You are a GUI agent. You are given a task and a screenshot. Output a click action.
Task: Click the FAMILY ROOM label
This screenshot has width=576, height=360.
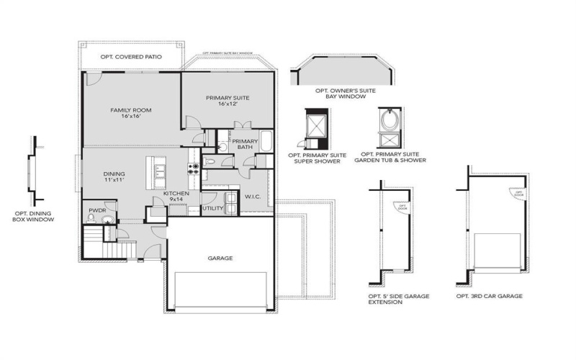(130, 112)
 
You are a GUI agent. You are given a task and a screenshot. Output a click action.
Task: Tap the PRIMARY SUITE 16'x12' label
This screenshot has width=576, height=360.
(227, 100)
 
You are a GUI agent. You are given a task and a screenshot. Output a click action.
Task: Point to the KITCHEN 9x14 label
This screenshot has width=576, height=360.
(176, 197)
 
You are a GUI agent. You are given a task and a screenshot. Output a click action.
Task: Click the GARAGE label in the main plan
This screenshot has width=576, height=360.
(220, 258)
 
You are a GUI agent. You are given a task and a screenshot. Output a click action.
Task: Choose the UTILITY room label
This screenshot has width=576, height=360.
(212, 208)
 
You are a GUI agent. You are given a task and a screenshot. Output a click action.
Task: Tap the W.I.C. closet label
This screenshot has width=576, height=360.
(252, 196)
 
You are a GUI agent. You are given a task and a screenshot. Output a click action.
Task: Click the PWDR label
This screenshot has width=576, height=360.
(96, 211)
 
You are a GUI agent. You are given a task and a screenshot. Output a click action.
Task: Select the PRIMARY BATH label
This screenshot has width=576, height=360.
(245, 143)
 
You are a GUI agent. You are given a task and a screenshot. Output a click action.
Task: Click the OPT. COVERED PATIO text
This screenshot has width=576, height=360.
(130, 56)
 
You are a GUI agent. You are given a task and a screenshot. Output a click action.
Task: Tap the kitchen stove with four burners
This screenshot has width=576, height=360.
(193, 169)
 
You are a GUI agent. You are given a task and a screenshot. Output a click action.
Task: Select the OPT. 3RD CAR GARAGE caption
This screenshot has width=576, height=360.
(489, 296)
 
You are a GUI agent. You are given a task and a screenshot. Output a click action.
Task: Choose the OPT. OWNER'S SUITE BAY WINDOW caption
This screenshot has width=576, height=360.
(340, 93)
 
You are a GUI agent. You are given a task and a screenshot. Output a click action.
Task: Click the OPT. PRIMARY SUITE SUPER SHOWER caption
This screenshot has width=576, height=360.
(317, 157)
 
